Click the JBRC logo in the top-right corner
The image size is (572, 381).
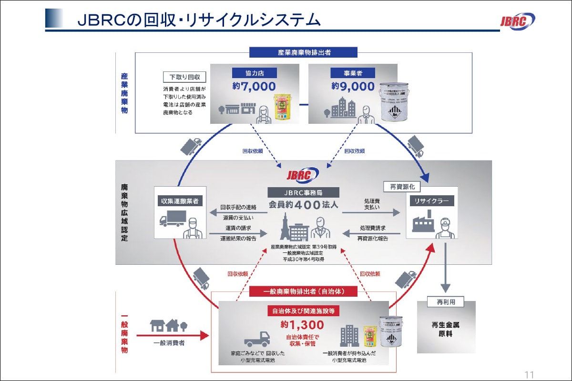[517, 21]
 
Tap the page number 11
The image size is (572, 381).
[529, 373]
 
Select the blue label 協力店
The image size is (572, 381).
[254, 73]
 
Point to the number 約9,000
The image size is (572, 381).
[353, 86]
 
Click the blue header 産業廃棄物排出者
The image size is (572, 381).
[303, 52]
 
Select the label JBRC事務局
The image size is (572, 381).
[303, 193]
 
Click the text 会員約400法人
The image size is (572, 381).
[303, 206]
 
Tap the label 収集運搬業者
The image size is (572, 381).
[180, 201]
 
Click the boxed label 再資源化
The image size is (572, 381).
[402, 187]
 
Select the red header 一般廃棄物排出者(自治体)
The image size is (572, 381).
[303, 291]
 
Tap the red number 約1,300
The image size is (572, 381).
[303, 325]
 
